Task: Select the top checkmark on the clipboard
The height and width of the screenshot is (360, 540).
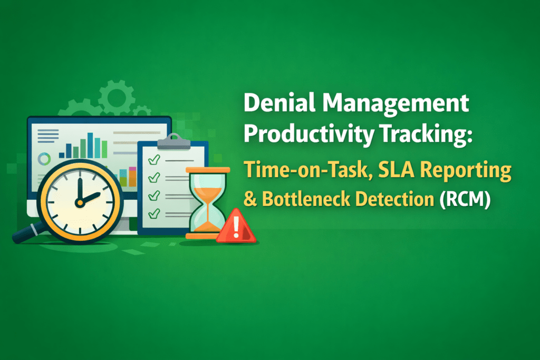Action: (x=154, y=159)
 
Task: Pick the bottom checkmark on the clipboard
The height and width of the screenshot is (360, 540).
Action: (x=154, y=213)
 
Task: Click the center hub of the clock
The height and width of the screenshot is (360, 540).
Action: (x=80, y=201)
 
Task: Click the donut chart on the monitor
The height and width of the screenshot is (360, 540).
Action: (x=44, y=158)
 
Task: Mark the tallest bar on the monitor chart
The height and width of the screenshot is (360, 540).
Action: (x=90, y=145)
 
